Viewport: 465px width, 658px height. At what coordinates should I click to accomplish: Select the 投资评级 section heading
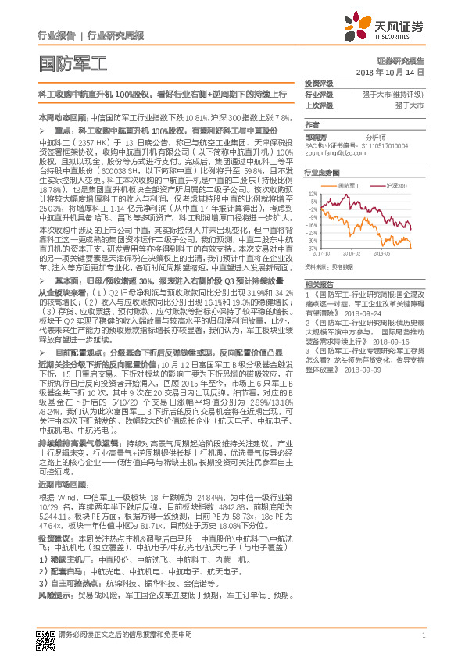click(x=317, y=84)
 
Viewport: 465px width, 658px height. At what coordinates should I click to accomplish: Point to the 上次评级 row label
click(x=317, y=104)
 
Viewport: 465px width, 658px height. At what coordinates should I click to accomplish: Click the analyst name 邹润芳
click(x=316, y=135)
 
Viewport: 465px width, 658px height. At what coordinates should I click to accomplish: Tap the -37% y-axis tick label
click(x=313, y=248)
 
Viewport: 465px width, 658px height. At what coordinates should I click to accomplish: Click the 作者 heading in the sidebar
click(x=312, y=124)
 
